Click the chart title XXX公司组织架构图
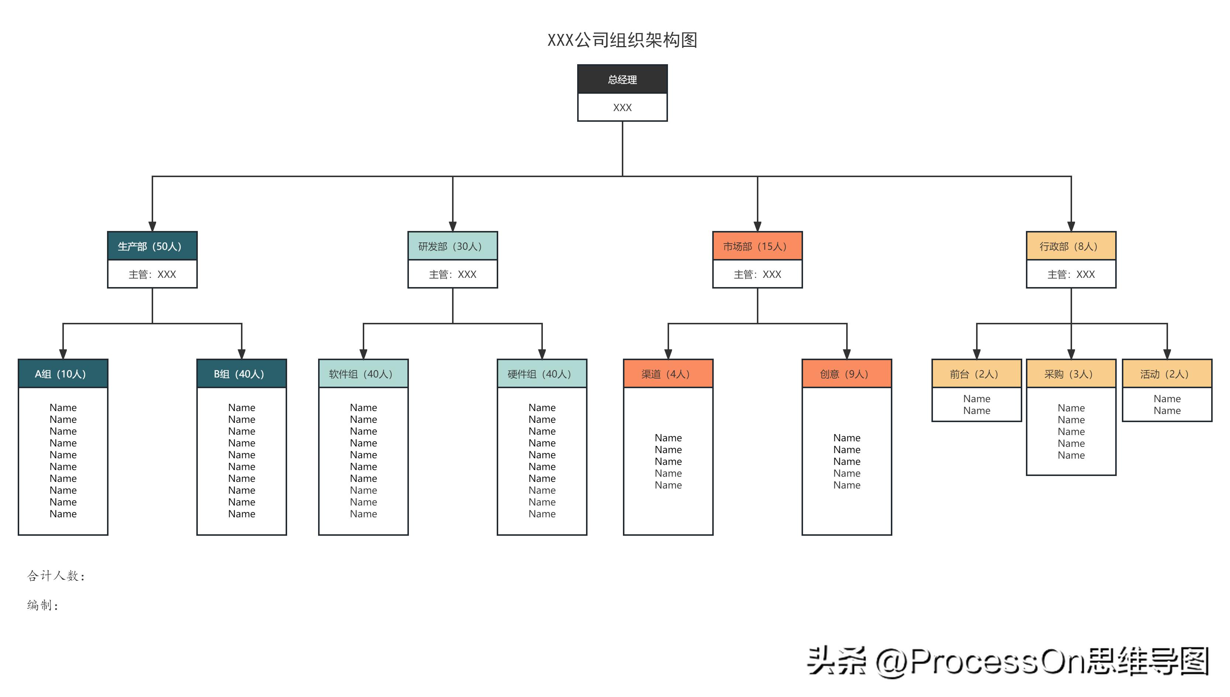622,40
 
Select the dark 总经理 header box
622,79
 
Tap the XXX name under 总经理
622,108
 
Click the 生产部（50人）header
152,246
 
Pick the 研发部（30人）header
452,246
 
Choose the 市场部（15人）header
757,246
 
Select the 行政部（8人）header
1071,246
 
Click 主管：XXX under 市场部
757,274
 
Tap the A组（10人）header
63,374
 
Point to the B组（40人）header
241,374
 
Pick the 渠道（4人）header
668,374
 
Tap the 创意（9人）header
847,374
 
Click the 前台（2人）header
976,374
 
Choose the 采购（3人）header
1071,374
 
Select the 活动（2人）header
1167,374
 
